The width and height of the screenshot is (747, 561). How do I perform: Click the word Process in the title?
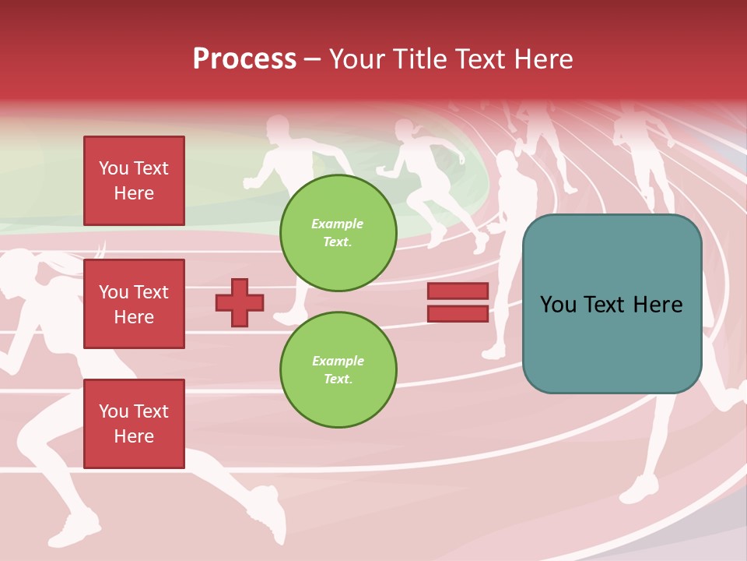244,58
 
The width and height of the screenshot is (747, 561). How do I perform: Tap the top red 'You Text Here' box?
134,181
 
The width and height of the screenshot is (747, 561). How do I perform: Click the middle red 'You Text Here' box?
134,304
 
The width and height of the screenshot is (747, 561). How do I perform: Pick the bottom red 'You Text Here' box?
134,424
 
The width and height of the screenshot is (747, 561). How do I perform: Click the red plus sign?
240,302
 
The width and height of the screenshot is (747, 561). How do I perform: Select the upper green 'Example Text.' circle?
338,232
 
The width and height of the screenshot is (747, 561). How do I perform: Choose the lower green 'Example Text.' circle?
338,369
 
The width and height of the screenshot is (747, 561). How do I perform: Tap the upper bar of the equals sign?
458,291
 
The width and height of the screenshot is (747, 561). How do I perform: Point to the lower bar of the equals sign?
458,313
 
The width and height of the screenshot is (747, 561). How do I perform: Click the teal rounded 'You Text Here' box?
612,304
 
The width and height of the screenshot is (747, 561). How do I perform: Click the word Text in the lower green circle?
337,379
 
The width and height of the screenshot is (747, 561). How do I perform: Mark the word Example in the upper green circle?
337,224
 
